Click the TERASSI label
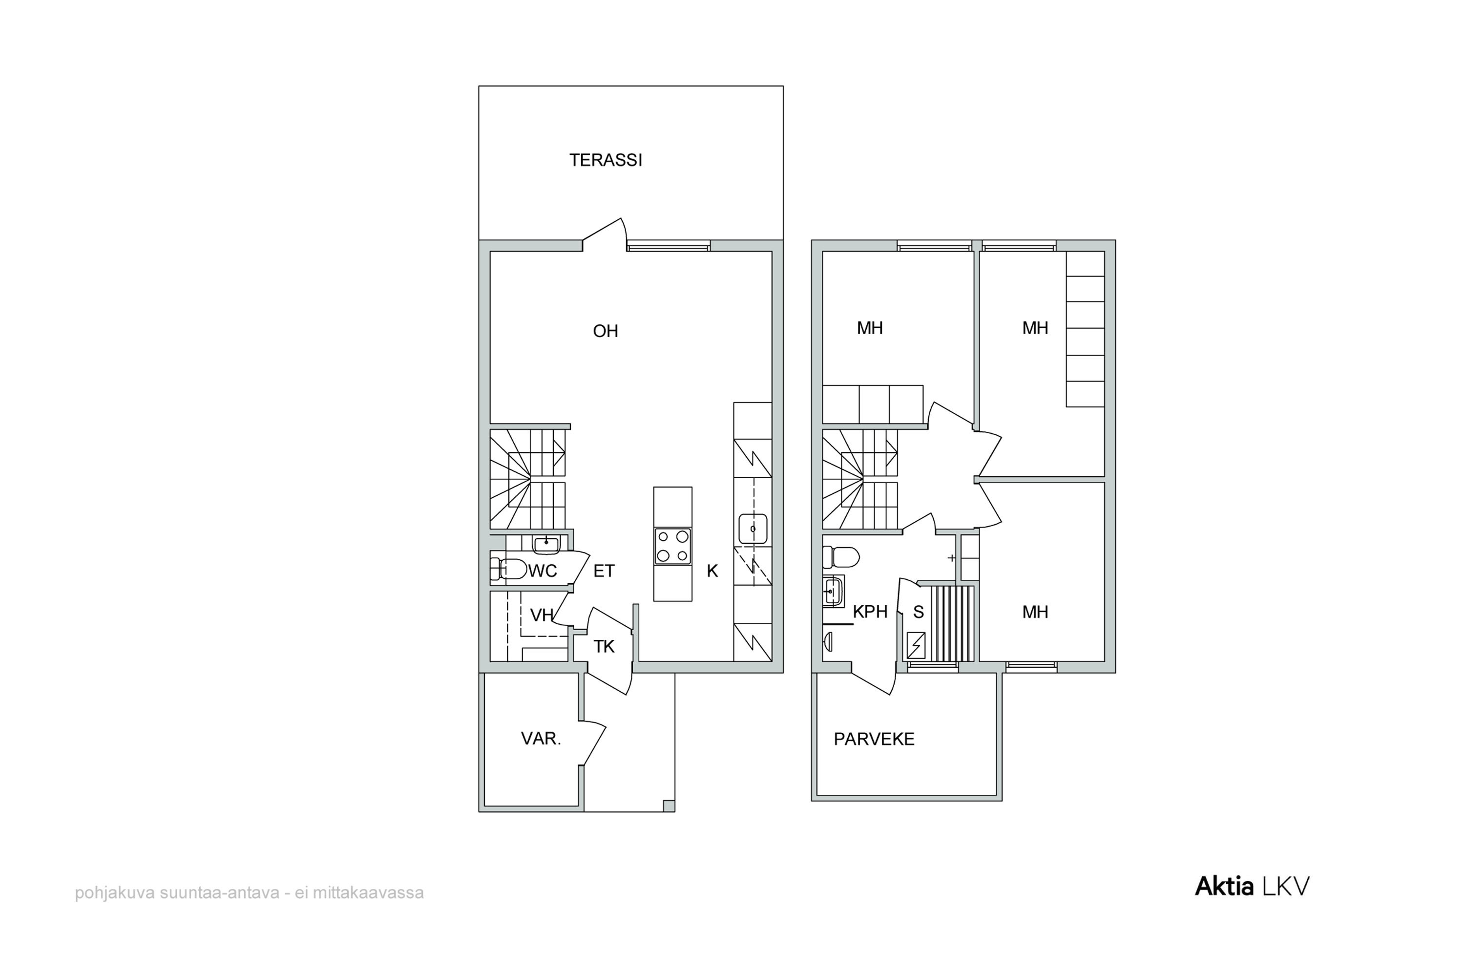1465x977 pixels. [606, 160]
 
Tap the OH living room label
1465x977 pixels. [606, 331]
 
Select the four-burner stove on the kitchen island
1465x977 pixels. [673, 546]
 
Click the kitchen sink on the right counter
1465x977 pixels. [753, 529]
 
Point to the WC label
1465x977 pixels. [543, 571]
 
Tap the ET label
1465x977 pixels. [604, 571]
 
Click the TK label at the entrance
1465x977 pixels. [604, 647]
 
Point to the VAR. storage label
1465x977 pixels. [541, 739]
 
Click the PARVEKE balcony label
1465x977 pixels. [874, 739]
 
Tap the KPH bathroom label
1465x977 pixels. [870, 612]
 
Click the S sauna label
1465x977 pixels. [919, 612]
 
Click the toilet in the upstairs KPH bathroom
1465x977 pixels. [841, 556]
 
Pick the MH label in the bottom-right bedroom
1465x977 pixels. [1035, 612]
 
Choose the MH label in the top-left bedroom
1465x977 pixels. [870, 328]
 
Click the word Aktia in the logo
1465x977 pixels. [1224, 886]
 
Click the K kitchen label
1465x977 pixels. [712, 571]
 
